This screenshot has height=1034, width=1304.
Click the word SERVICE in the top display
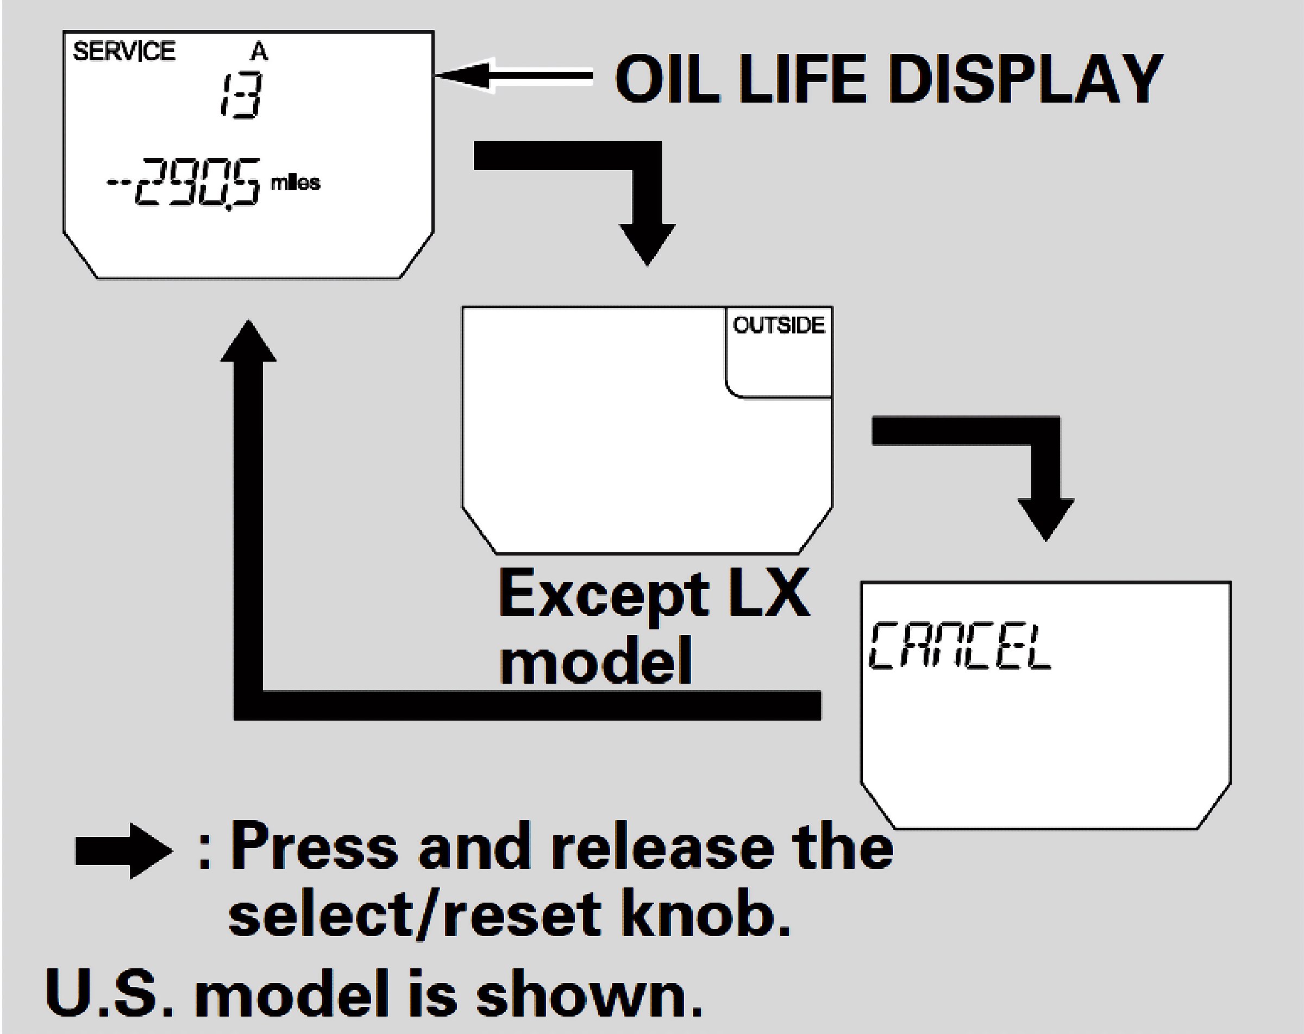click(x=124, y=52)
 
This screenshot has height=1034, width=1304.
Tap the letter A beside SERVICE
click(x=259, y=52)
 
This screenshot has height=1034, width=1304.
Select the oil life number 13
click(x=240, y=95)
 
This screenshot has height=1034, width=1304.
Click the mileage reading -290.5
click(x=184, y=182)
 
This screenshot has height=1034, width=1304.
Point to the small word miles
click(x=295, y=182)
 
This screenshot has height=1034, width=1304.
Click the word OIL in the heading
click(x=664, y=78)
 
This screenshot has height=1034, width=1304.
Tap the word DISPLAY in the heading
click(x=1026, y=78)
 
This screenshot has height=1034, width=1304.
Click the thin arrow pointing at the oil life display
click(x=513, y=75)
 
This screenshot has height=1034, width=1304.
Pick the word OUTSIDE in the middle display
click(x=779, y=325)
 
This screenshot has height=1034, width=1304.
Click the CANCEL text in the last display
click(x=961, y=647)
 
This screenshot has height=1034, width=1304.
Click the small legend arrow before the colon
click(x=123, y=851)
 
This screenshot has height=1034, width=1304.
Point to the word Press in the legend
click(x=314, y=847)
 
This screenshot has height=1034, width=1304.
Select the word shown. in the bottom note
click(x=589, y=992)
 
